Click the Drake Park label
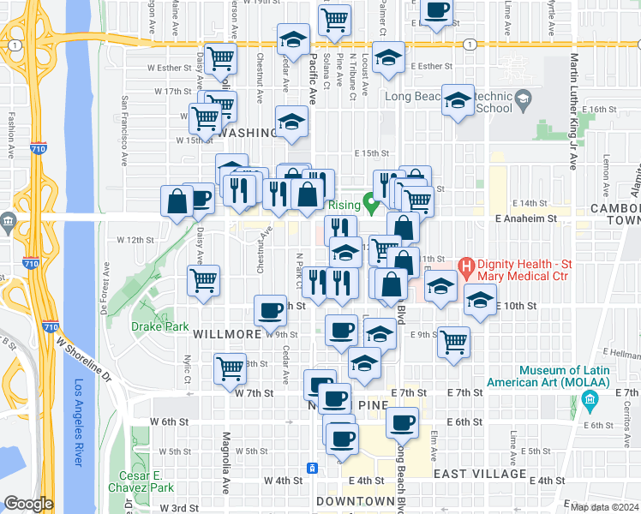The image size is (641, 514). click(153, 326)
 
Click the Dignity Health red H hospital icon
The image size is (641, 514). click(467, 266)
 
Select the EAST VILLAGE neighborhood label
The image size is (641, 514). click(479, 474)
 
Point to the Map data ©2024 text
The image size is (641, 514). click(605, 507)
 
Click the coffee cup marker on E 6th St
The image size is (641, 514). click(401, 421)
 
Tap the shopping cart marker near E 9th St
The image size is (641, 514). click(453, 343)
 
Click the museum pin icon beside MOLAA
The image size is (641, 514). click(589, 400)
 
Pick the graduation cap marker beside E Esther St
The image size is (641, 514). click(389, 57)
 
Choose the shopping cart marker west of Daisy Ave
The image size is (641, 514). click(203, 280)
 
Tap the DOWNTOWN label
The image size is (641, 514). click(354, 500)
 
